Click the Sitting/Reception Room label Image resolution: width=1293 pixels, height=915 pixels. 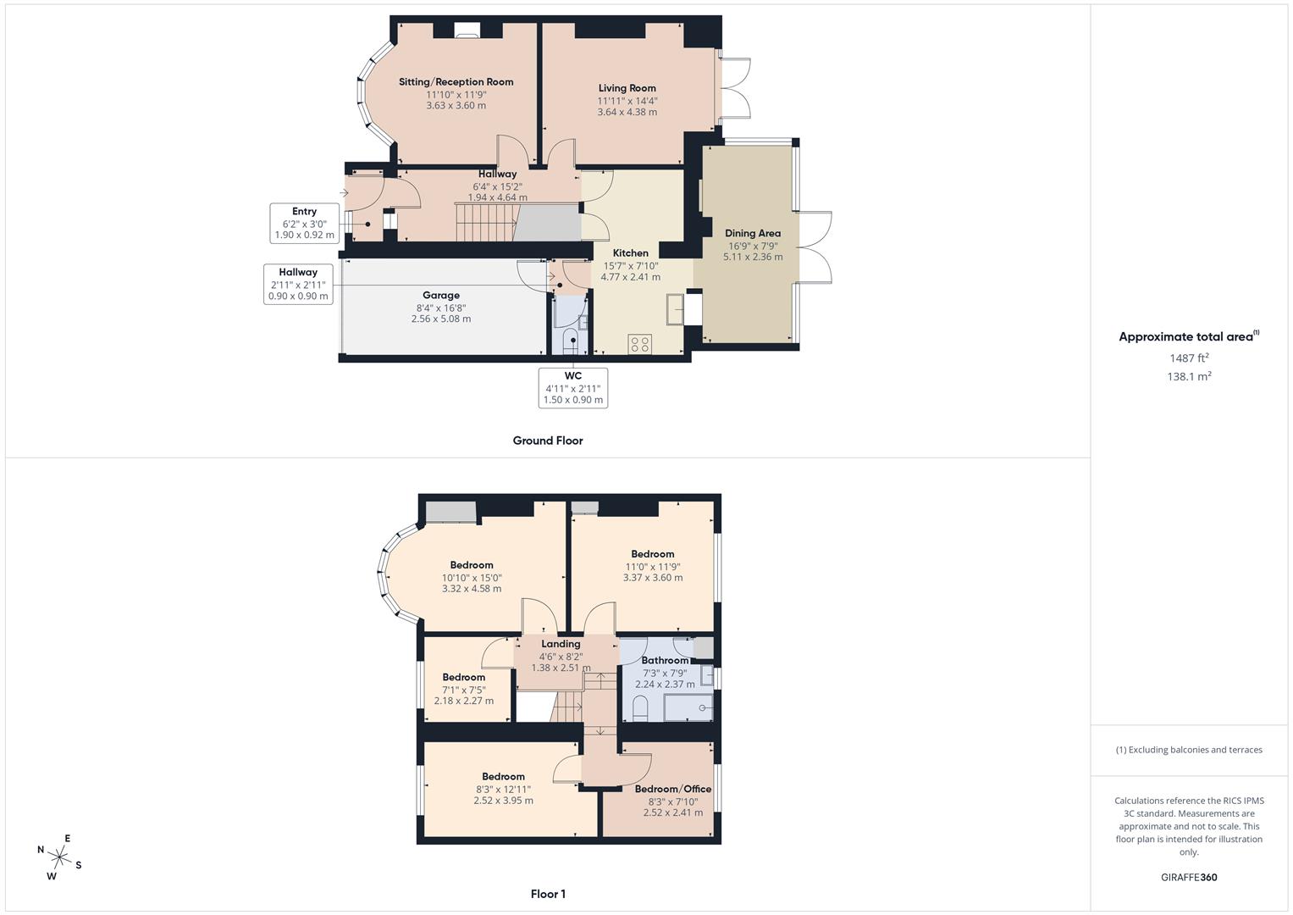pos(456,82)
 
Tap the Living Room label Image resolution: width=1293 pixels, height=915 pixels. pos(627,88)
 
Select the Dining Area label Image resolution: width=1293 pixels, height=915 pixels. pos(752,233)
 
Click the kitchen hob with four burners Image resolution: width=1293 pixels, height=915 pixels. pos(640,344)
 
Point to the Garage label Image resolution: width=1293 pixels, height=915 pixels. pos(441,296)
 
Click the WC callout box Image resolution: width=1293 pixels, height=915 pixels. pos(572,387)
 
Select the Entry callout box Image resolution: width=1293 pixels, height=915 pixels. pos(304,223)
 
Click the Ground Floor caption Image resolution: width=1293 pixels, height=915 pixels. pos(547,441)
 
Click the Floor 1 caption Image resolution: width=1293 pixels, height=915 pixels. pos(547,894)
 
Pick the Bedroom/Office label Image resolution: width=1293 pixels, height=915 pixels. pos(672,789)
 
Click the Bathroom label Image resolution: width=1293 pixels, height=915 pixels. pos(665,660)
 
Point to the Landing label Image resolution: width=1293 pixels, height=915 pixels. pos(561,644)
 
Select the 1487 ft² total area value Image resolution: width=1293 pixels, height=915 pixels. pos(1189,358)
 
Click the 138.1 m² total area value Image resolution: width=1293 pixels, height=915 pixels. pos(1189,377)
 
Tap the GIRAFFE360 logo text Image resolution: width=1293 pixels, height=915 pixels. pos(1189,878)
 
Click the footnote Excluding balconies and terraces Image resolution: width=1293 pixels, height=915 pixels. pos(1189,750)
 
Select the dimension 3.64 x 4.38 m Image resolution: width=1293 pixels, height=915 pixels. pos(627,112)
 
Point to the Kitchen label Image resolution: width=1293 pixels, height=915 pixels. pos(630,253)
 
